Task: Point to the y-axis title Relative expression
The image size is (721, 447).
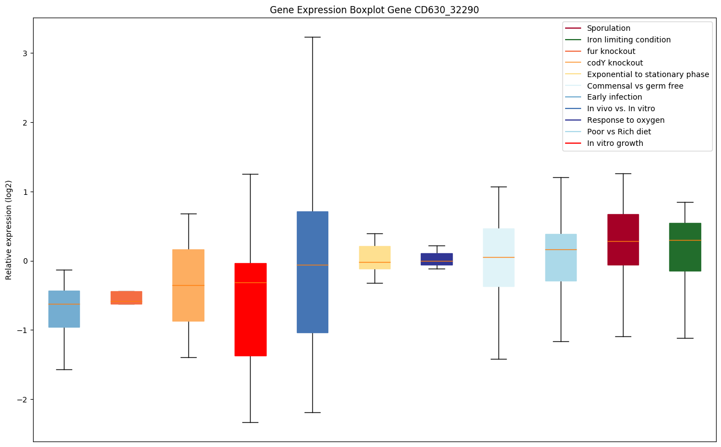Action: coord(9,230)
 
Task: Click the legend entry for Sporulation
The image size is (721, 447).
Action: coord(609,28)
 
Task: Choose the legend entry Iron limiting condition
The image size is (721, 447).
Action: coord(628,40)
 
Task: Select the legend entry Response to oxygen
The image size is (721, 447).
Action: coord(626,120)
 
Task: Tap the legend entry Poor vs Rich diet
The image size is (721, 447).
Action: coord(619,132)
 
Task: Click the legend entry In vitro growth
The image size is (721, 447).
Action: coord(615,143)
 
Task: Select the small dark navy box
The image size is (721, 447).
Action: coord(437,259)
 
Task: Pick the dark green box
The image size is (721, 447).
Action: coord(685,247)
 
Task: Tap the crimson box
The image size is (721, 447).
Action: coord(623,239)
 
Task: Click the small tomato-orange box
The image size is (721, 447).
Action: coord(126,297)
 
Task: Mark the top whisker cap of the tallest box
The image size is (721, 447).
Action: coord(313,37)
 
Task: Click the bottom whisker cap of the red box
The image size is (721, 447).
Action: coord(251,422)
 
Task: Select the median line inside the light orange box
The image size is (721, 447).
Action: coord(188,285)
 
